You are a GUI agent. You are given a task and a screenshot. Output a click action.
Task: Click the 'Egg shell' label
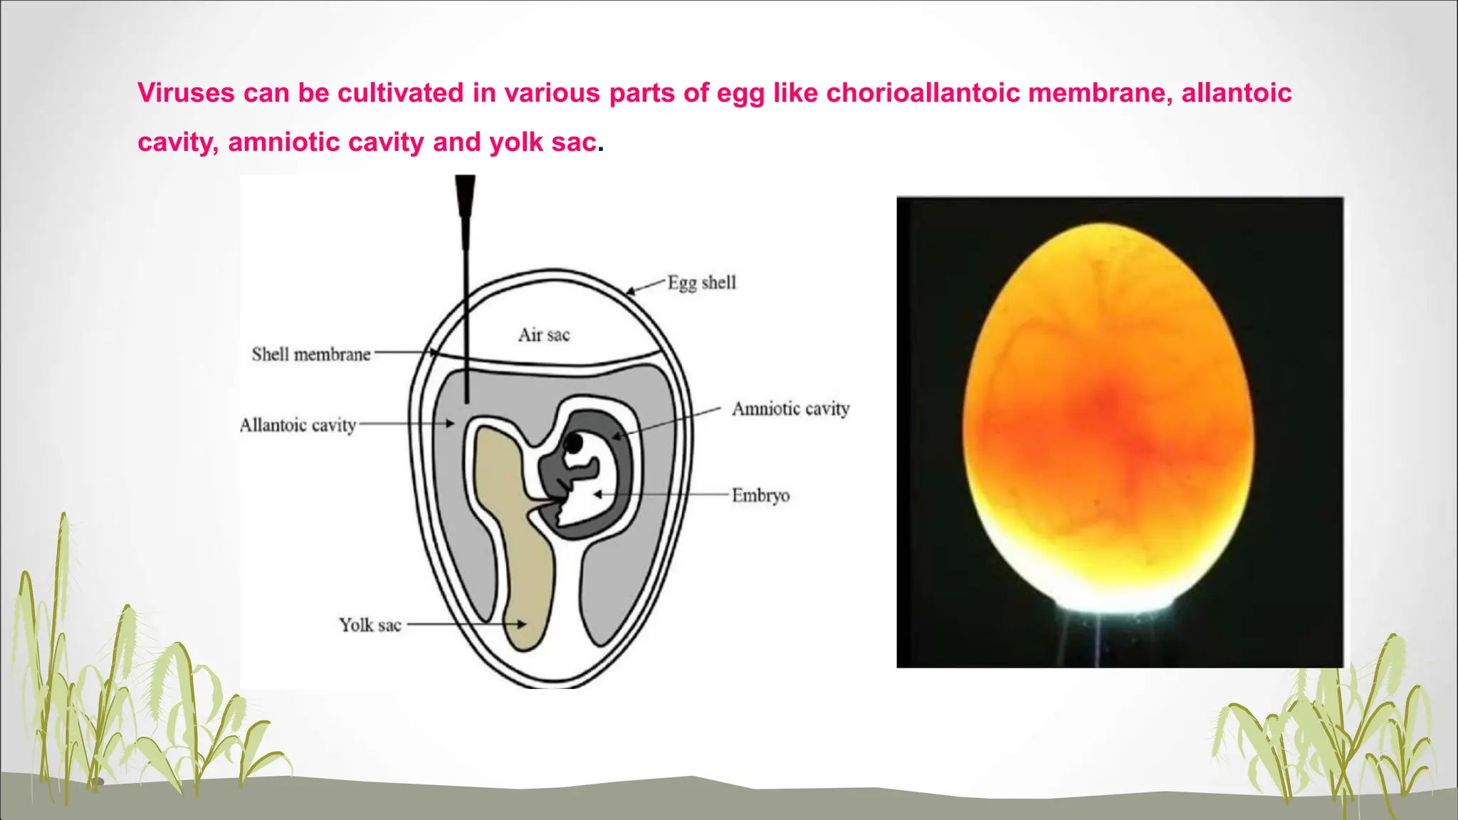click(x=701, y=283)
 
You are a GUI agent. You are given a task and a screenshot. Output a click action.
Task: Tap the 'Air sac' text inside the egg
click(x=544, y=335)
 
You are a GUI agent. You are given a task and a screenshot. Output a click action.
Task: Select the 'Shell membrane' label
click(x=311, y=354)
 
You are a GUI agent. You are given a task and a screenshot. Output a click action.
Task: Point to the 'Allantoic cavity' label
click(x=298, y=425)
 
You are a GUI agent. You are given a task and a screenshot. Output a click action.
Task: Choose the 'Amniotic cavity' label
click(x=790, y=409)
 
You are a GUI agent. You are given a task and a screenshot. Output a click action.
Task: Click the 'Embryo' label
click(x=760, y=495)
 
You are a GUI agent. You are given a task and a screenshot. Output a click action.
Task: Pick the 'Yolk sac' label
click(x=369, y=625)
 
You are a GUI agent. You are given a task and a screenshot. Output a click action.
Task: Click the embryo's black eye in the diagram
click(x=574, y=444)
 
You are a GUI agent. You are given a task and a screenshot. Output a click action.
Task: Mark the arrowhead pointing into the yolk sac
click(x=522, y=624)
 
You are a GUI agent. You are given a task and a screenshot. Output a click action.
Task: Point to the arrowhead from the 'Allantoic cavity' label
click(x=450, y=424)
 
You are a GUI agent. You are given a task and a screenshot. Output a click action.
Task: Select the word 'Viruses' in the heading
click(x=186, y=93)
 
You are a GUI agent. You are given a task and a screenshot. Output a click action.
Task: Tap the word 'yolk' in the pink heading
click(x=515, y=142)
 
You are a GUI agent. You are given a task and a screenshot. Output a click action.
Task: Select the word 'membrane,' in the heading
click(x=1100, y=93)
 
